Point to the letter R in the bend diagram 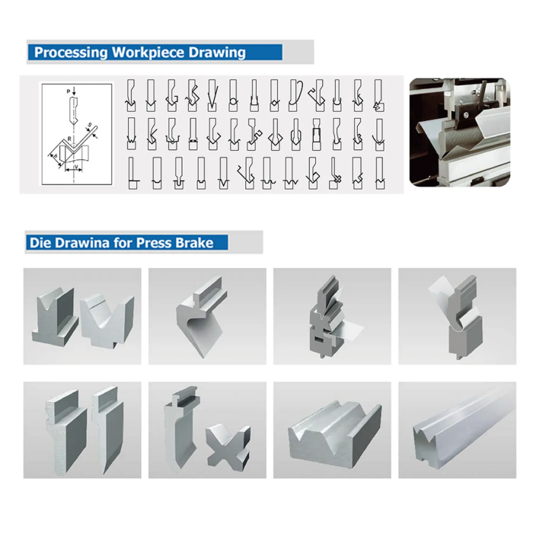[69, 139]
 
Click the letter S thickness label [54, 155]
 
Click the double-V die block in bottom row [333, 439]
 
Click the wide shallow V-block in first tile [107, 318]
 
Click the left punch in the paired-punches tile [62, 432]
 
